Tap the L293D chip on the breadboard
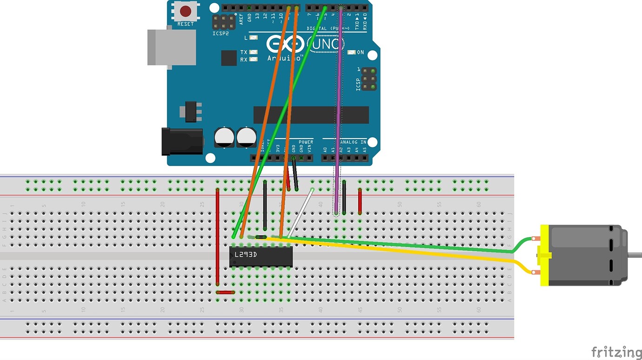(x=261, y=256)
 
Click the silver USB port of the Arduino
(x=171, y=47)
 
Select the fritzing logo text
(x=616, y=352)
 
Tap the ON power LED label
(x=361, y=53)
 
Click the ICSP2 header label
(x=220, y=33)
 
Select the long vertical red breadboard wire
(x=217, y=237)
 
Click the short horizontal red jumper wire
(x=225, y=293)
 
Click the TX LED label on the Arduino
(x=244, y=52)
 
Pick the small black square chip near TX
(x=229, y=58)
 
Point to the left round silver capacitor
(x=224, y=138)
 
